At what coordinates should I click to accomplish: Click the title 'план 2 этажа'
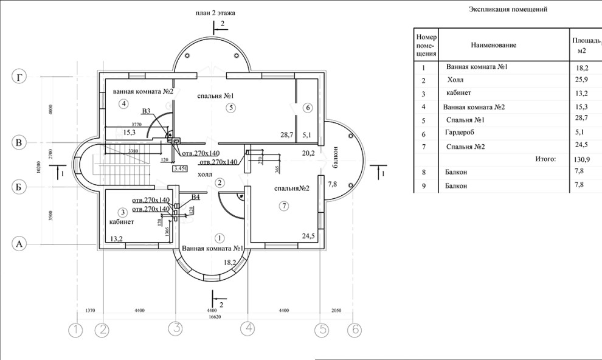pos(215,12)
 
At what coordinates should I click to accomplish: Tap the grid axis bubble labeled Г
pos(21,77)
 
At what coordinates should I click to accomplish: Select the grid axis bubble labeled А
pos(21,244)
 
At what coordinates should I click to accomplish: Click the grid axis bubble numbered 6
pos(354,330)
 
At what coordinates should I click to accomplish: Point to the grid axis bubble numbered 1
pos(75,330)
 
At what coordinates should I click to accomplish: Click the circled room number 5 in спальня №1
pos(229,108)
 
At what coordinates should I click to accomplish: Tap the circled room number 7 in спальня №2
pos(284,207)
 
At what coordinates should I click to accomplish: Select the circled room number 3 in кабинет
pos(123,212)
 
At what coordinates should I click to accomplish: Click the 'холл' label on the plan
pos(206,174)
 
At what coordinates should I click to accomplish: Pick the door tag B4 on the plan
pos(195,197)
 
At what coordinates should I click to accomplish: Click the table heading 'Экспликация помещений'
pos(508,10)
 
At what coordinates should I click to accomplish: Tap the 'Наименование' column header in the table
pos(493,45)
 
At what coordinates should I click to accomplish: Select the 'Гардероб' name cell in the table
pos(460,133)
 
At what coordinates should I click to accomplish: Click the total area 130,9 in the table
pos(583,159)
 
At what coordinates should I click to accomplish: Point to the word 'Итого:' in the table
pos(545,159)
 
